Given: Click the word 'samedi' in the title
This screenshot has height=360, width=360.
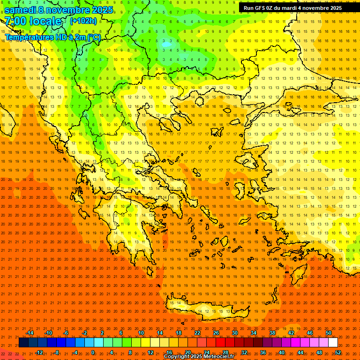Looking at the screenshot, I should (x=20, y=10).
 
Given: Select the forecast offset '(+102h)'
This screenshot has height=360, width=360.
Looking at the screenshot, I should (x=83, y=21).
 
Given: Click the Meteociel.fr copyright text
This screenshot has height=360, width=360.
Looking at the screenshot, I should (x=199, y=357).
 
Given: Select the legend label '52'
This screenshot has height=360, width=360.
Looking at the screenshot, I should (x=338, y=352).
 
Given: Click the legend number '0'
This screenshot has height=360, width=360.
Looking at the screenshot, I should (x=92, y=352).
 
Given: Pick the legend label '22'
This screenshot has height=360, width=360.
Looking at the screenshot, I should (x=197, y=333).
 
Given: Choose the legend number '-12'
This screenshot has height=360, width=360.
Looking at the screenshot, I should (x=39, y=352).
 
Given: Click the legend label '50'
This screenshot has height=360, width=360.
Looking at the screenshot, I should (x=329, y=333).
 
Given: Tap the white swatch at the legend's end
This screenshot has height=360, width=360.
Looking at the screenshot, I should (x=333, y=343).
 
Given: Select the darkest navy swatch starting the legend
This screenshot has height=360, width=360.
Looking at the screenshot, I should (x=23, y=343).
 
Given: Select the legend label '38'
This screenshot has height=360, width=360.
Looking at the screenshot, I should (x=272, y=333).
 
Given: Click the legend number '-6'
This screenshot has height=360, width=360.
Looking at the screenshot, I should (x=66, y=333).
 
